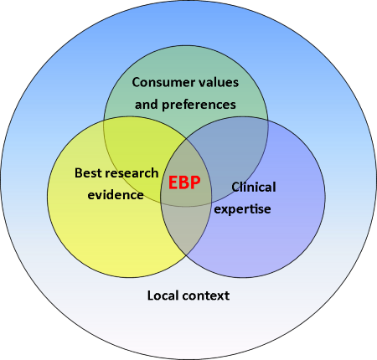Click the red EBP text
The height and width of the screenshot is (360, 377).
click(x=184, y=183)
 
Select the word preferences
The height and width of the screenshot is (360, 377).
click(x=199, y=105)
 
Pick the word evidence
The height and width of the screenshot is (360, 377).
click(x=116, y=195)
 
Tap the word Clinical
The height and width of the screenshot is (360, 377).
click(x=254, y=187)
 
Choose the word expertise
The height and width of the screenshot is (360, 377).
click(x=242, y=209)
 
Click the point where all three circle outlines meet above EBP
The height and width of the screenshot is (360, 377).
click(x=186, y=139)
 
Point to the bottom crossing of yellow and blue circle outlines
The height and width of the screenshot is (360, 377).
click(x=186, y=255)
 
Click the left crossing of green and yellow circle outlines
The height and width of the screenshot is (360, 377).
click(x=104, y=121)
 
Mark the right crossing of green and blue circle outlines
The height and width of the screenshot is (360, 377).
click(x=268, y=121)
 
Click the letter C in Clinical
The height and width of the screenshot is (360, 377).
click(x=235, y=187)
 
